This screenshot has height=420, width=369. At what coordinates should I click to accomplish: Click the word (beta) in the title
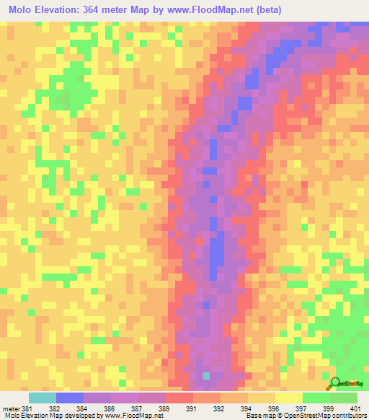(267, 10)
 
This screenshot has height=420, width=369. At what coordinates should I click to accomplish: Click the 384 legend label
(84, 408)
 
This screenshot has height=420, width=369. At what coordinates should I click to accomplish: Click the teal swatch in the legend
(43, 398)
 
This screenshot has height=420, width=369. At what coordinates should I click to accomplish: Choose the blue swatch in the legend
(70, 398)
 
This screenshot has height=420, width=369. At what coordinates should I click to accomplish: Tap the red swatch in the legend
(179, 398)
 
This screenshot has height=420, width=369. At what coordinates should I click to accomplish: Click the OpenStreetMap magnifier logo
(336, 383)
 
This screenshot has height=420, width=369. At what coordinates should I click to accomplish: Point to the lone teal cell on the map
(207, 376)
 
